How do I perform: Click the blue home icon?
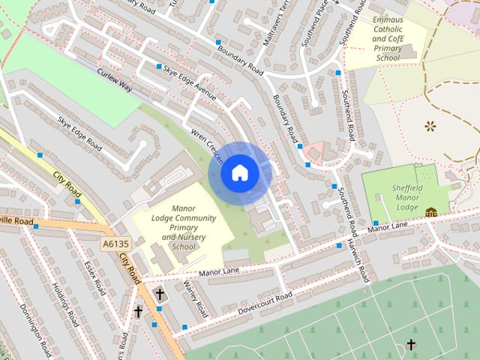click(239, 173)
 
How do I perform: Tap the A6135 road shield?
click(116, 244)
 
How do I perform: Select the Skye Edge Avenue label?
click(190, 82)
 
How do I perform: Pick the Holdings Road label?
click(66, 300)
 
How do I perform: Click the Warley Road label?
click(195, 299)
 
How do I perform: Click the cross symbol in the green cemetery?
click(411, 344)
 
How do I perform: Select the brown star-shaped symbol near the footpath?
click(430, 125)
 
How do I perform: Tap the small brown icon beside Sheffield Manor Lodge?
click(430, 213)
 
